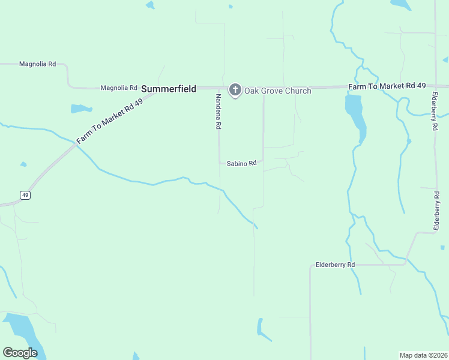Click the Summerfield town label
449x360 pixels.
point(169,89)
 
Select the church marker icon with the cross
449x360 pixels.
point(235,90)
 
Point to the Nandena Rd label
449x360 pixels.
point(219,113)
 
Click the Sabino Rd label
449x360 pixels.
point(241,163)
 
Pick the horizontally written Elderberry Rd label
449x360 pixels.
point(335,265)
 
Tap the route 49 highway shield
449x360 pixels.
point(25,195)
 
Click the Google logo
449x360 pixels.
point(20,353)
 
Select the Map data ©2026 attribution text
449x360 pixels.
point(423,355)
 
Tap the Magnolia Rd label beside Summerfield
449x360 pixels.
point(119,88)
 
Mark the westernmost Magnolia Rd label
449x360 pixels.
point(37,64)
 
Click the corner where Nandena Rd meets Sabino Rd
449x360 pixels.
point(219,163)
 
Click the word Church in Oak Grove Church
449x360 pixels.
point(298,91)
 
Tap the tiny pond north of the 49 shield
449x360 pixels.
point(23,164)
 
